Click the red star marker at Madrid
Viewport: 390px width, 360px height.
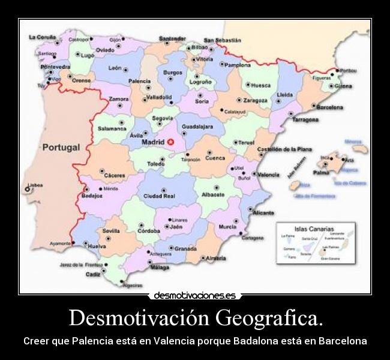tap(170, 142)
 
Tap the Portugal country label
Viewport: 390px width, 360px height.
tap(61, 147)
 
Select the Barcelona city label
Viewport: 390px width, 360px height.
tap(329, 107)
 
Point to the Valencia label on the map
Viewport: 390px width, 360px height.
tap(268, 175)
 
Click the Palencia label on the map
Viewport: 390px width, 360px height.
tap(140, 81)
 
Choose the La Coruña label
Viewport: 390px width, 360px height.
tap(42, 37)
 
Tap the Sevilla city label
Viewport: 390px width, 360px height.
tap(111, 231)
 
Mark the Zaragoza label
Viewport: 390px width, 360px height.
tap(256, 100)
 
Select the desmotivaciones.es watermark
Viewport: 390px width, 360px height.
tap(194, 296)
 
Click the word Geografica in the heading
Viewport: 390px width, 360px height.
tap(270, 316)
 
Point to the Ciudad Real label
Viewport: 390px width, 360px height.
tap(159, 196)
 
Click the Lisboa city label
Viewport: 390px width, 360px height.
tap(35, 185)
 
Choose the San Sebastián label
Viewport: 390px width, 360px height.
tap(222, 40)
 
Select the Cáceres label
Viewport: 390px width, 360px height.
tap(115, 176)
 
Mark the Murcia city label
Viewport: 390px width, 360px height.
tap(227, 227)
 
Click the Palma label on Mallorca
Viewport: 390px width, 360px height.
tap(322, 172)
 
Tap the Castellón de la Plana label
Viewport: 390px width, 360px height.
tap(284, 149)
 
